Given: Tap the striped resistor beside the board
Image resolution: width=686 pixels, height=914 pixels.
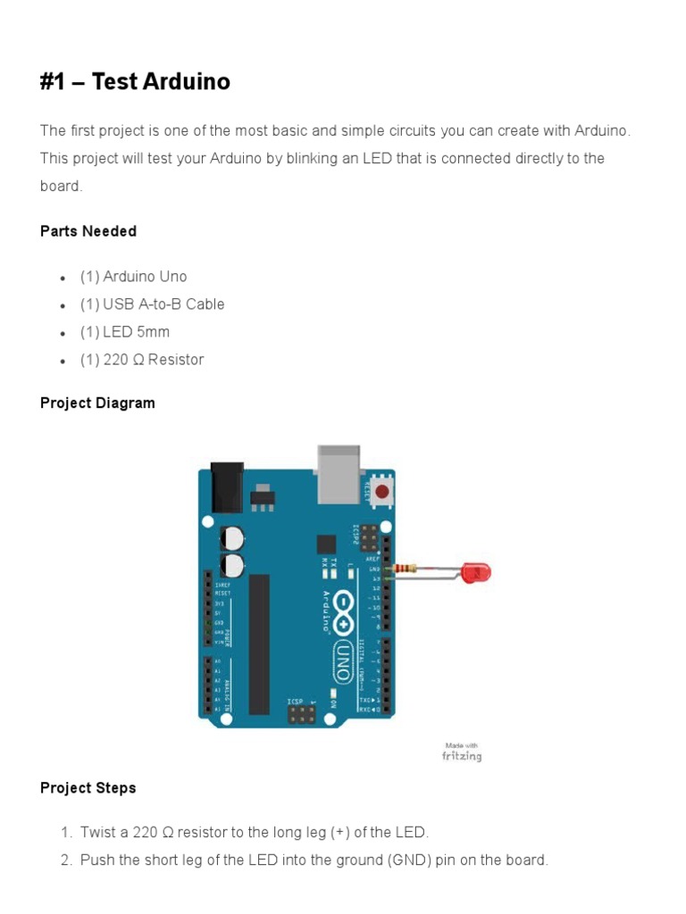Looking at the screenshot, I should point(408,569).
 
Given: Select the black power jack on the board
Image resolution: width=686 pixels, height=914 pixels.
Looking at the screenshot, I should point(226,486).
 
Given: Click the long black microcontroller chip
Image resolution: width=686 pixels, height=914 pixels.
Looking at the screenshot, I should point(259,644).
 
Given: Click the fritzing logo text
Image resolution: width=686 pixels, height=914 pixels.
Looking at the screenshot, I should point(462,756).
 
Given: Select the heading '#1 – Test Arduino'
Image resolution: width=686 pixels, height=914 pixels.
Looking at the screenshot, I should point(135,82).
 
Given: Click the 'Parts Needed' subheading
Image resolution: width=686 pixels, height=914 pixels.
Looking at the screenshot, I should point(88,231).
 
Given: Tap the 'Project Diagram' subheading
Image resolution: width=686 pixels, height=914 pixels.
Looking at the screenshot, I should point(97,403).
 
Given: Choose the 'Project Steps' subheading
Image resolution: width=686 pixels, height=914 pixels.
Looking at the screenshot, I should point(88,788).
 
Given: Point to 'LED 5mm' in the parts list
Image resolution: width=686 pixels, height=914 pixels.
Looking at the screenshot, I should point(136,332).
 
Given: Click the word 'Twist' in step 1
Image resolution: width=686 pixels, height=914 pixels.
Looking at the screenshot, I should point(97,833).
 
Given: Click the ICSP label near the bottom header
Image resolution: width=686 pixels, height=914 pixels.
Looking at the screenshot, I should point(297,702).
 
